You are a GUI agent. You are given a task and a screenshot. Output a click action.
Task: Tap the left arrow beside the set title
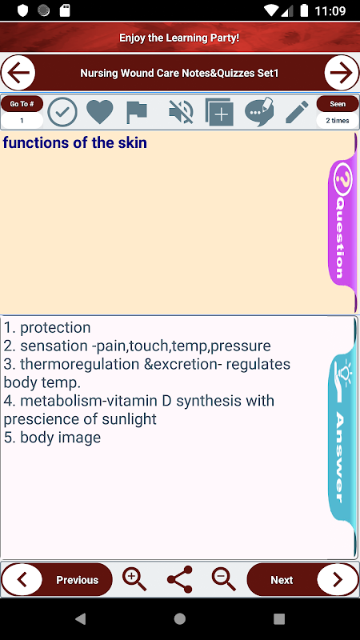(18, 73)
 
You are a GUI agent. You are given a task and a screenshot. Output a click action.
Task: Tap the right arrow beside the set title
(342, 73)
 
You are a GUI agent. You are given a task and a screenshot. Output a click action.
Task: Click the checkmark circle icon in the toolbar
(62, 111)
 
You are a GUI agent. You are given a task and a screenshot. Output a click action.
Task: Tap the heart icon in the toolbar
(100, 111)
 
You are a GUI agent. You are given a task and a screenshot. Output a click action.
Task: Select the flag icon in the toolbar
(137, 112)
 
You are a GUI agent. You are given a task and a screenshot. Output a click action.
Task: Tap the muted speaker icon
(181, 111)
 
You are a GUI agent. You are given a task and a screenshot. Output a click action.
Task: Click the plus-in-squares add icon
(219, 111)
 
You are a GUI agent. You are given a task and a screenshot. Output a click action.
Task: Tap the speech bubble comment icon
(259, 111)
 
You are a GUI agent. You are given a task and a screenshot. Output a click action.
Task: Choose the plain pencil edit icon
(297, 111)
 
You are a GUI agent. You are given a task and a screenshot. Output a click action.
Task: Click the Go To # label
(22, 104)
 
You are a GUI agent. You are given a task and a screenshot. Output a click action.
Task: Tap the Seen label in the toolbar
(338, 104)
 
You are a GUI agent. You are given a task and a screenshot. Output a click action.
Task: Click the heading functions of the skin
(74, 143)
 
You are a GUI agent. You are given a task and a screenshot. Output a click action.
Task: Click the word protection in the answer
(55, 328)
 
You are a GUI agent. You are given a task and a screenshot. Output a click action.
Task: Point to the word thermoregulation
(79, 365)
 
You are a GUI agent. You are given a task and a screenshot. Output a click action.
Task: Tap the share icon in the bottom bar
(180, 579)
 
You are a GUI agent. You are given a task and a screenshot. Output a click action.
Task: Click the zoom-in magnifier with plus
(134, 578)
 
